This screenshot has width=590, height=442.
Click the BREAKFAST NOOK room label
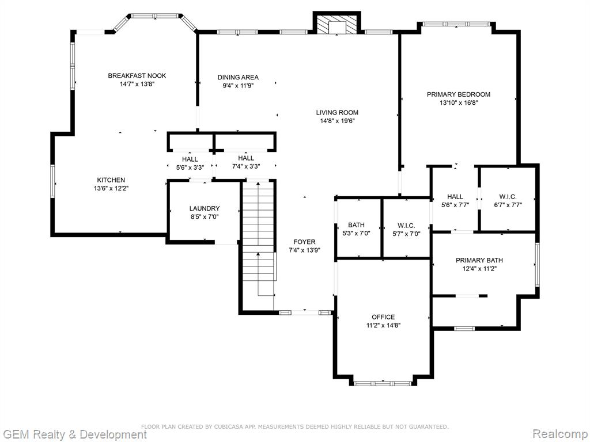coord(137,75)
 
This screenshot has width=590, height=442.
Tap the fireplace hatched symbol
coord(337,24)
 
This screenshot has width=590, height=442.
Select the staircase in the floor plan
coord(259,246)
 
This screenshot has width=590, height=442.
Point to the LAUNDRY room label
coord(205,208)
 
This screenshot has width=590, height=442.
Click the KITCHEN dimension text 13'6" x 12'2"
coord(111,188)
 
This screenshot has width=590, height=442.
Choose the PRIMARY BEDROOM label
coord(458,94)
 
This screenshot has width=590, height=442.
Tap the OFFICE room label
coord(383,317)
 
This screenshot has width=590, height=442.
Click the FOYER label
coord(304,242)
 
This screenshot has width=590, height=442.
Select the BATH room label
coord(356,225)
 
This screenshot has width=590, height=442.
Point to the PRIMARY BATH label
coord(479,260)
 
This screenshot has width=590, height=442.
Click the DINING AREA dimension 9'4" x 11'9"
coord(238,86)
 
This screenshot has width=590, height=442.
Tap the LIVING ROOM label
coord(336,112)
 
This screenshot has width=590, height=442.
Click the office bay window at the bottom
coord(383,383)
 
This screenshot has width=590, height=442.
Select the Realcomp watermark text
coord(560,434)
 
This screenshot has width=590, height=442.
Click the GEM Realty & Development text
coord(74,434)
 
